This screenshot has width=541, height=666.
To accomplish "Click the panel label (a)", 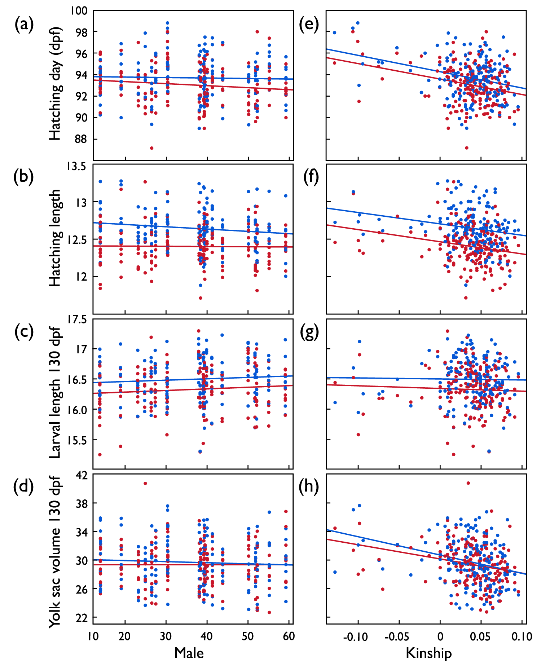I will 24,25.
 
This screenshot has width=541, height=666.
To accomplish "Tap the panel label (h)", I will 309,486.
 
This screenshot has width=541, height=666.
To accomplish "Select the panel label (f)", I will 309,177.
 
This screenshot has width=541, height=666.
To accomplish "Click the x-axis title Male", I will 189,653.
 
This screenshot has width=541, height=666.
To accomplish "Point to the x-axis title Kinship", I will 428,653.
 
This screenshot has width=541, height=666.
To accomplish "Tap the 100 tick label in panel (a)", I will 79,10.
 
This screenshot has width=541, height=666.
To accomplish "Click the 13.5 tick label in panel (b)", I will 76,167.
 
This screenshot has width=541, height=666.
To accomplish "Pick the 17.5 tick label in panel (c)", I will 76,319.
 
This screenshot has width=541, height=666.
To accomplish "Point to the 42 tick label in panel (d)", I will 82,476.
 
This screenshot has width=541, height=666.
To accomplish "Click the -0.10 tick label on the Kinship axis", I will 355,637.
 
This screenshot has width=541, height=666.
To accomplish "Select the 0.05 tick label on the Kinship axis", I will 480,637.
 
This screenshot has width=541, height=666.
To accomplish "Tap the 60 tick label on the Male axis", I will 289,636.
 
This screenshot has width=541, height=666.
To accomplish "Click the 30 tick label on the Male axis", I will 166,636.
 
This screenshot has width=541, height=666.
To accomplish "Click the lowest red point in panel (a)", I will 152,148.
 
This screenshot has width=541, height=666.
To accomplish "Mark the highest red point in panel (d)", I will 145,483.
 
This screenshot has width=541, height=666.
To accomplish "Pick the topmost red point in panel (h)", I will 468,483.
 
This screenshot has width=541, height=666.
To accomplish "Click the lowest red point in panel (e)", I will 467,147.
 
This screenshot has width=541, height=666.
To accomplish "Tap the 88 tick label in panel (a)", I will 82,139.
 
